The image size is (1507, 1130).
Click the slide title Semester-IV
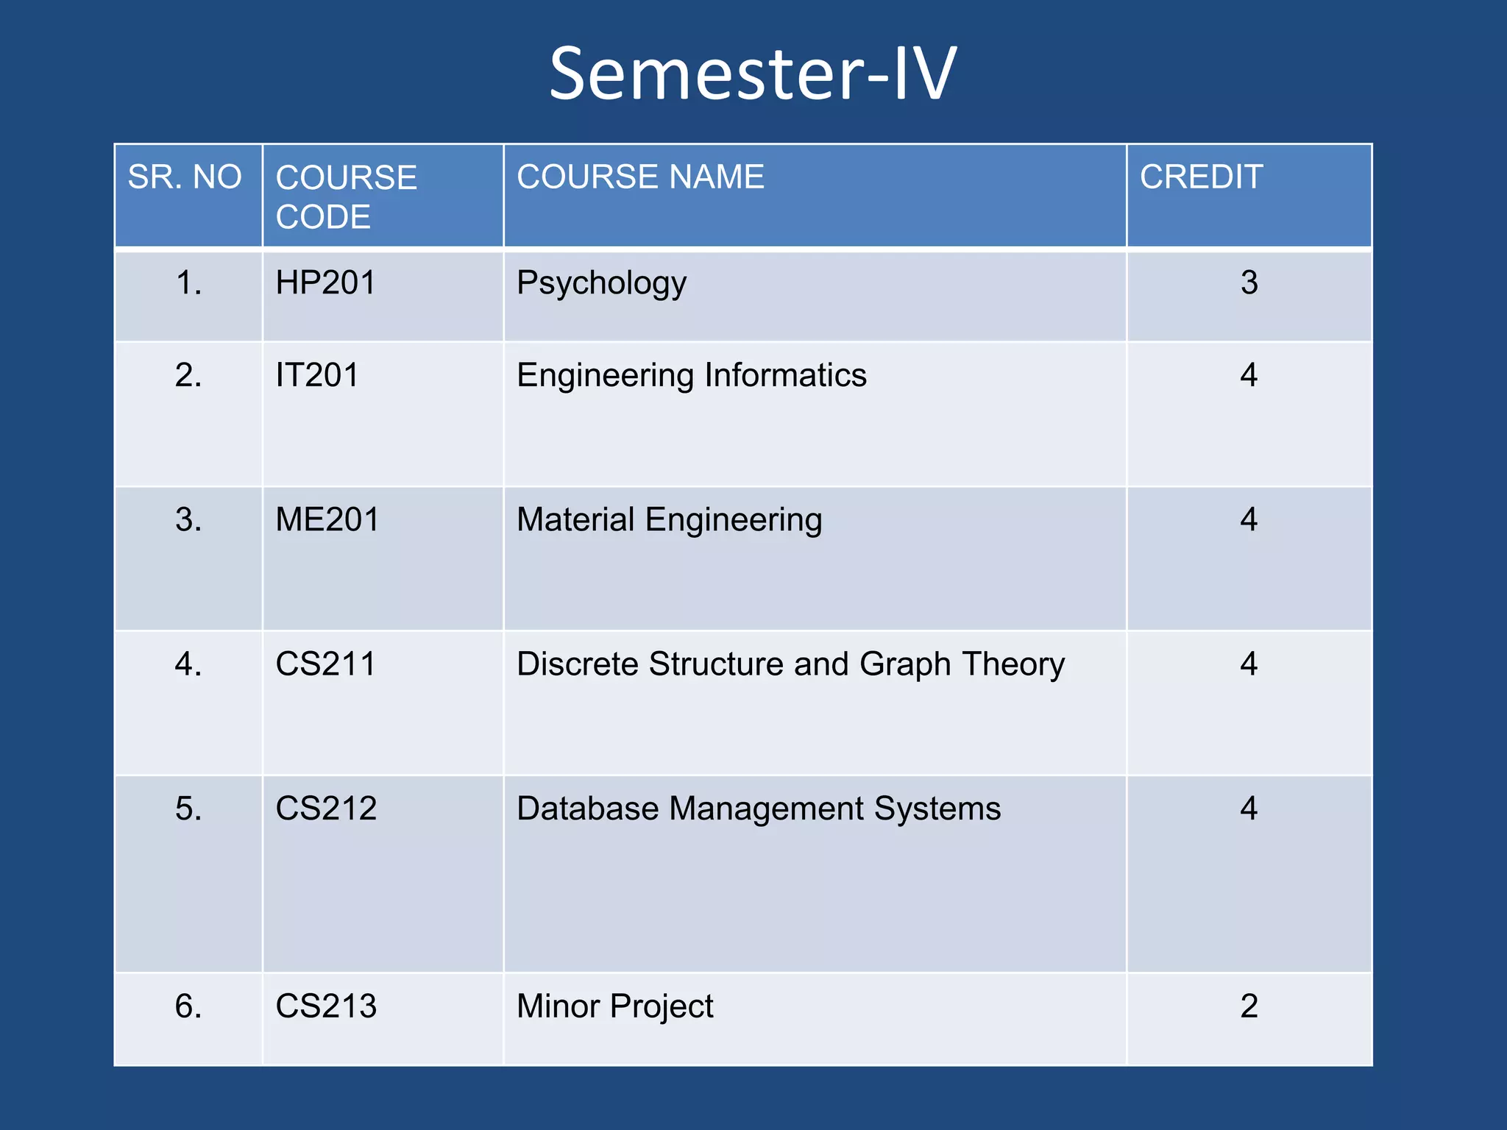[x=752, y=74]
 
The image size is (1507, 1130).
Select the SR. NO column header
[x=185, y=177]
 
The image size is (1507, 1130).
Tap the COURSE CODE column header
[x=346, y=197]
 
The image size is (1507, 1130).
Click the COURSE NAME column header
[x=640, y=177]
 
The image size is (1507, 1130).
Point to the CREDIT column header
[x=1201, y=177]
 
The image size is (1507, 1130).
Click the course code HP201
[x=325, y=283]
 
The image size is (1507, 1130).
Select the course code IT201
[x=317, y=376]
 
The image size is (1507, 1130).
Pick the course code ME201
[x=327, y=520]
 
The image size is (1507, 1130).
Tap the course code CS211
[x=325, y=664]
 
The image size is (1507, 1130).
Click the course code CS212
[x=326, y=809]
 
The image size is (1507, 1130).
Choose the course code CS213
[x=326, y=1006]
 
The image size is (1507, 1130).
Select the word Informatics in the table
[x=785, y=376]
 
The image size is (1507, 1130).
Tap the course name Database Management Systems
[x=758, y=809]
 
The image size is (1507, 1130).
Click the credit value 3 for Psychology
[x=1249, y=283]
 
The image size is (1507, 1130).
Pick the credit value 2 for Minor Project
[x=1249, y=1006]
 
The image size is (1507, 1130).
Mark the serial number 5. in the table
[x=188, y=809]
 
